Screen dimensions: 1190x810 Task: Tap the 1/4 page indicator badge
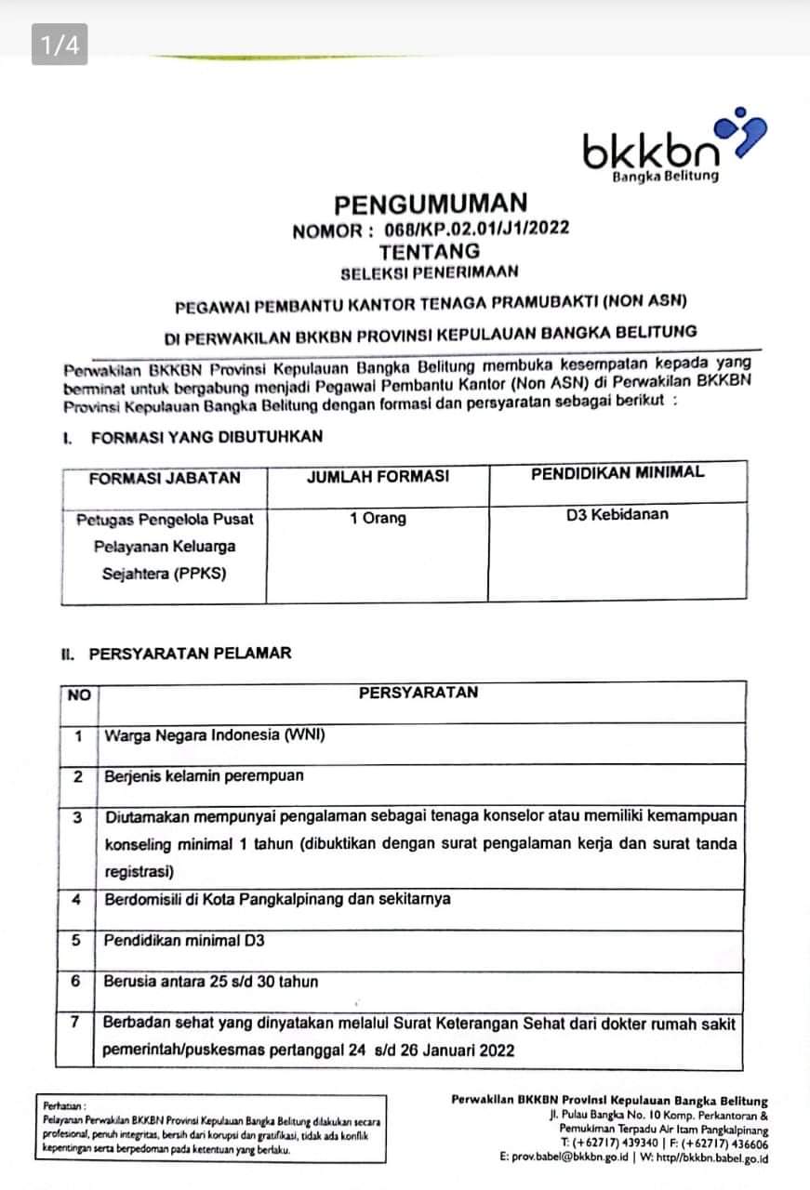(x=60, y=44)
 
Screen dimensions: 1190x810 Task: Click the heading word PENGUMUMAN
(x=431, y=204)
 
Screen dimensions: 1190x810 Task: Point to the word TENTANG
(x=430, y=251)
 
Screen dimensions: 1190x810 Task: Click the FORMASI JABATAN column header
(x=165, y=478)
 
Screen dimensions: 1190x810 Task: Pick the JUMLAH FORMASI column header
(x=378, y=476)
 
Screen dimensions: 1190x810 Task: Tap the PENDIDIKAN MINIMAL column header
(x=617, y=472)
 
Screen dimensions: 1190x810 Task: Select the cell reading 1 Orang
(x=378, y=519)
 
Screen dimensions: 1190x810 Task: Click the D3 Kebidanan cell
(x=617, y=513)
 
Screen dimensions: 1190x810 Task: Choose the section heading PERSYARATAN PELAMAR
(x=190, y=653)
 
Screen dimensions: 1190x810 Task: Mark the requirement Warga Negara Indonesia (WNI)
(x=215, y=735)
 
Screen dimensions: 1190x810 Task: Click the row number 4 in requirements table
(x=76, y=900)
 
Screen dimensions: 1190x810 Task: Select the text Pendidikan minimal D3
(x=184, y=940)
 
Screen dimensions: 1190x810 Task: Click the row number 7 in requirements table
(x=76, y=1023)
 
